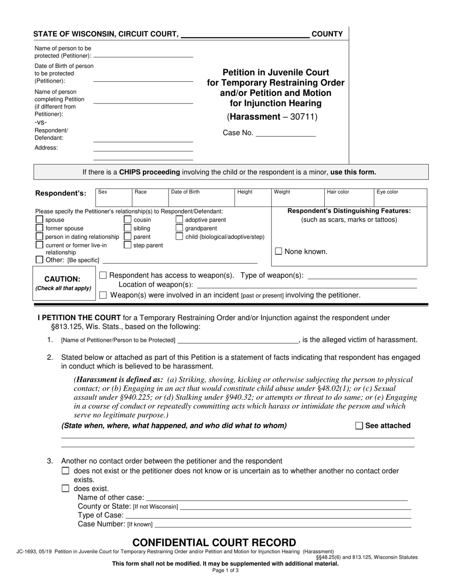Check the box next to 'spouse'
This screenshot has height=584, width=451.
click(39, 220)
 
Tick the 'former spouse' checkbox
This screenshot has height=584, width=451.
click(39, 228)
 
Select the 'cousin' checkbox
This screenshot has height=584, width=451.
click(127, 220)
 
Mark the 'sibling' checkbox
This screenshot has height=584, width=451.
click(127, 228)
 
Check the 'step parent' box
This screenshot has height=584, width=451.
click(127, 245)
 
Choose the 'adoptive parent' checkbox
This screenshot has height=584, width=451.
click(179, 220)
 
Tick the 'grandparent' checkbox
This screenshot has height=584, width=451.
click(179, 228)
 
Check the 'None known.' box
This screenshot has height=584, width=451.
click(279, 252)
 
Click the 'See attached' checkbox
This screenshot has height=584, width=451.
click(359, 426)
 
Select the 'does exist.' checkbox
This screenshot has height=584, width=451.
click(66, 489)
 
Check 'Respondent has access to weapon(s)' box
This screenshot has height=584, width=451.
click(103, 275)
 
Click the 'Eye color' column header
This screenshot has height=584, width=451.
click(387, 192)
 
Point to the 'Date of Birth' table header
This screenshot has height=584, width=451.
click(185, 192)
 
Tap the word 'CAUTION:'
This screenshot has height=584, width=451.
click(62, 279)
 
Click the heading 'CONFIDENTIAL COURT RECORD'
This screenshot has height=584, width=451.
click(214, 543)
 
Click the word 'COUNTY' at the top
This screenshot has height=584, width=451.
click(327, 34)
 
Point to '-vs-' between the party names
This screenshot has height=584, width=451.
click(41, 122)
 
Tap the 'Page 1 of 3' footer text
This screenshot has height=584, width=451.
click(225, 571)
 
